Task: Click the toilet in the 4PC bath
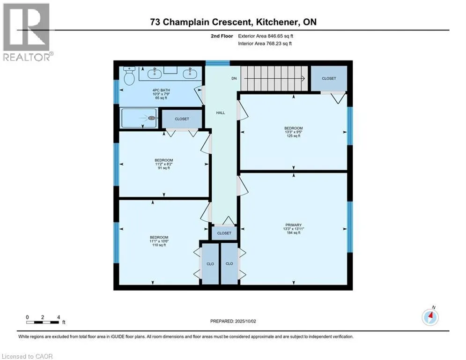tap(129, 75)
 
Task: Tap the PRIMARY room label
tap(294, 225)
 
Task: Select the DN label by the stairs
tap(234, 78)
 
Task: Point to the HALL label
tap(221, 113)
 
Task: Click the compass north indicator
tap(430, 316)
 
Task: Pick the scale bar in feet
tap(43, 322)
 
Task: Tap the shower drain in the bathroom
tap(153, 118)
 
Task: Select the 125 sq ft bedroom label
tap(294, 132)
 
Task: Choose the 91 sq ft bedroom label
tap(164, 164)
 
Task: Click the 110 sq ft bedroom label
tap(159, 241)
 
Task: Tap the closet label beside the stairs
tap(329, 78)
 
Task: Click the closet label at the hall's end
tap(224, 233)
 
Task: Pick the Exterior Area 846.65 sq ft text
tap(266, 36)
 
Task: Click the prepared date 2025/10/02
tap(245, 321)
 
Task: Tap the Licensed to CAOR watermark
tap(27, 356)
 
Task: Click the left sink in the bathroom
tap(154, 73)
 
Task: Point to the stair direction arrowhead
tap(303, 79)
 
